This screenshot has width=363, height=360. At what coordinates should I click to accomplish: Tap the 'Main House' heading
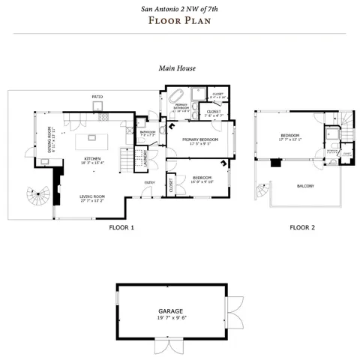point(177,67)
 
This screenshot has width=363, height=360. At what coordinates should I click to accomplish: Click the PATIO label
point(97,97)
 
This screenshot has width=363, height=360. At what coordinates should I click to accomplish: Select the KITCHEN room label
point(92,158)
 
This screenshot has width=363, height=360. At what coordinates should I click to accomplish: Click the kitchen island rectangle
point(94,137)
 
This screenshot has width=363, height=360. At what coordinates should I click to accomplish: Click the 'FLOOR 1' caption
point(121,226)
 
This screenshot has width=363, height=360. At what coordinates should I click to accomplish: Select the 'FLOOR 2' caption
point(303,226)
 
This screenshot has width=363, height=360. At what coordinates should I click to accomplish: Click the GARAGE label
point(170,310)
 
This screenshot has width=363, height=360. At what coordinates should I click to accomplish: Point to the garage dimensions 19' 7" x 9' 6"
point(170,318)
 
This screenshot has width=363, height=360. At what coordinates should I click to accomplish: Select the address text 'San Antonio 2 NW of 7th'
point(177,9)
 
